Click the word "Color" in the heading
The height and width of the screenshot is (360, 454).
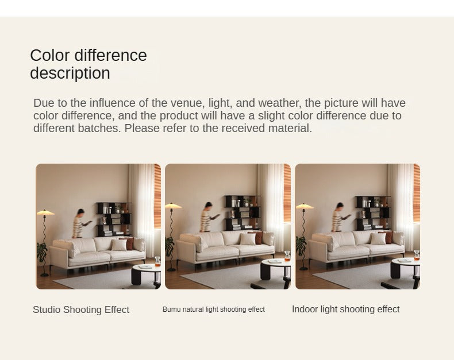pos(50,55)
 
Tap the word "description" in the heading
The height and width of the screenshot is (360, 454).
pos(70,73)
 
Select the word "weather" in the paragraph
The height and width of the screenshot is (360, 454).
pos(279,103)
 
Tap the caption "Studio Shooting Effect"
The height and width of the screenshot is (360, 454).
pos(81,309)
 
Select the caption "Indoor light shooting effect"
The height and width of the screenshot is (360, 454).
pos(346,309)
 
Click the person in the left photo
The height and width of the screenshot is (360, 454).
pos(79,223)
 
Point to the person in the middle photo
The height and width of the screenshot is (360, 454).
pos(208,217)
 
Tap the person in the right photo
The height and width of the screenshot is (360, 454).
pos(338,218)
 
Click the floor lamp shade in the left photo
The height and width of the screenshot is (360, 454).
pos(45,212)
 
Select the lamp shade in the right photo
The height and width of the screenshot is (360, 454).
pos(305,206)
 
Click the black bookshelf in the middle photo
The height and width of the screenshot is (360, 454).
pos(243,213)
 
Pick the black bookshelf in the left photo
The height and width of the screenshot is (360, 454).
pos(114,219)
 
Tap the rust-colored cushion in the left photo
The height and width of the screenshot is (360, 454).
pos(130,243)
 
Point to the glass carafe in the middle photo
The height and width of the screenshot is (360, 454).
pos(287,256)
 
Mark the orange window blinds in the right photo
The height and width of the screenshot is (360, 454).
pos(417,193)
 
